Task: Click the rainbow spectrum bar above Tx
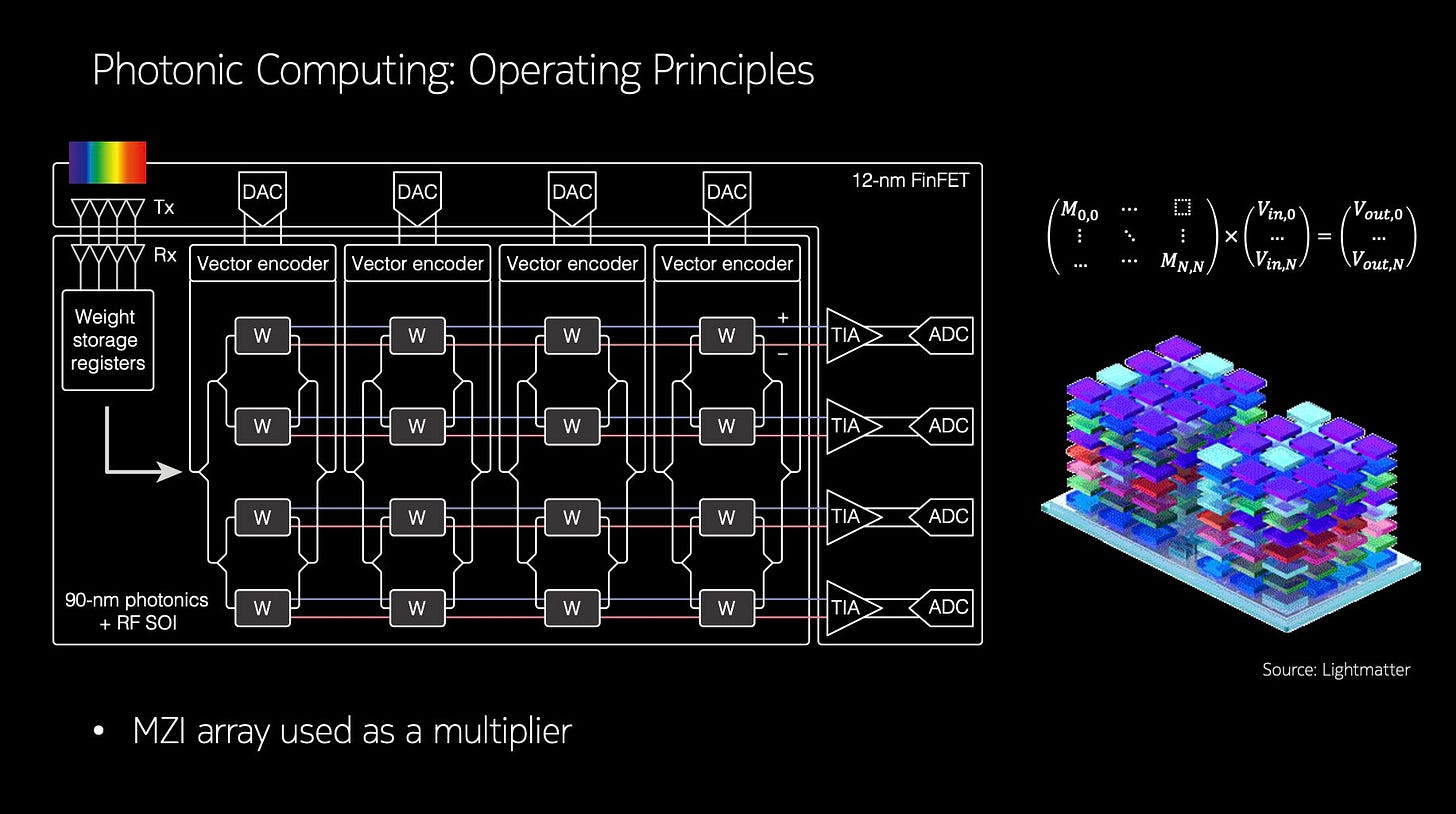[107, 162]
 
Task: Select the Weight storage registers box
[108, 340]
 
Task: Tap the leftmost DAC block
[262, 193]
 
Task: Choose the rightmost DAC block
[727, 193]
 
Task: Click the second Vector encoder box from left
[417, 264]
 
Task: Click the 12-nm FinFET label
[910, 181]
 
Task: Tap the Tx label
[164, 207]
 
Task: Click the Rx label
[165, 255]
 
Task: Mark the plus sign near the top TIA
[782, 317]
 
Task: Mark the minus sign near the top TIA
[782, 353]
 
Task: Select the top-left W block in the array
[262, 336]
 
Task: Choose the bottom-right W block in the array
[727, 607]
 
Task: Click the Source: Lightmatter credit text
[1335, 670]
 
